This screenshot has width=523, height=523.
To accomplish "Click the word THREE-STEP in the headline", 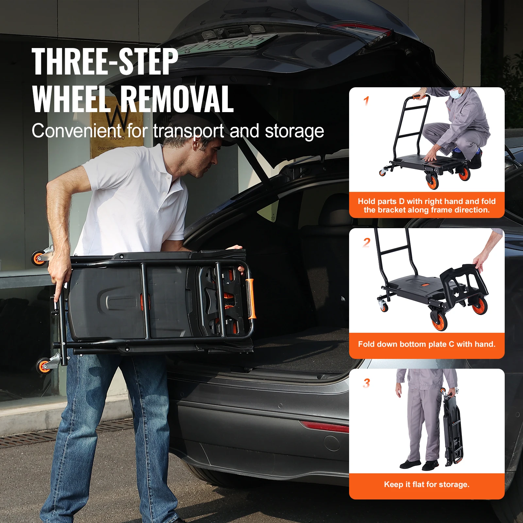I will point(105,61).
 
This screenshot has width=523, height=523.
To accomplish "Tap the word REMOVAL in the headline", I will point(177,99).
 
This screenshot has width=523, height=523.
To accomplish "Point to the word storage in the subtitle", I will point(294,131).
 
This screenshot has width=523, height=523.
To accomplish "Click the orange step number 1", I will point(366,101).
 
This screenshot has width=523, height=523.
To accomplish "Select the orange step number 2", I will point(367,243).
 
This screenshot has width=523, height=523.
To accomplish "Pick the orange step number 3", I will point(367,383).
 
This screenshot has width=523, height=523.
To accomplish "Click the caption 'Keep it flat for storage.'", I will point(427,484).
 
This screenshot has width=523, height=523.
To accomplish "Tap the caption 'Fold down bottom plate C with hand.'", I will point(427,344).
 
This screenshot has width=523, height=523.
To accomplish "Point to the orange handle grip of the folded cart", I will point(250,298).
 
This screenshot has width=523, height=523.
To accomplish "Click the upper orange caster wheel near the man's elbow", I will point(39,258).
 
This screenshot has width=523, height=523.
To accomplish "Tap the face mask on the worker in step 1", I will point(456,94).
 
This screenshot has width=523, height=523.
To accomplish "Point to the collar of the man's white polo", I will point(163,163).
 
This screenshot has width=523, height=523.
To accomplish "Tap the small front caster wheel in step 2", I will point(383,306).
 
